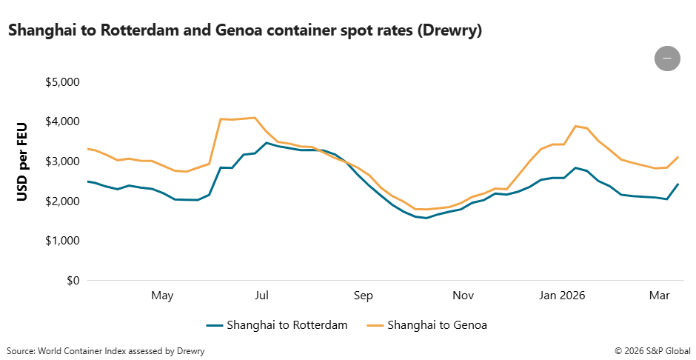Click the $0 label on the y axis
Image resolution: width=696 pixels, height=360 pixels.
[x=73, y=281]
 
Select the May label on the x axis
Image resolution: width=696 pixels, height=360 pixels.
[x=162, y=296]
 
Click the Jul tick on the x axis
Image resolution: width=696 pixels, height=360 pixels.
[x=261, y=296]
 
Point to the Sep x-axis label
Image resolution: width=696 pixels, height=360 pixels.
[x=363, y=296]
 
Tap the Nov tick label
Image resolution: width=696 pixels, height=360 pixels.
[x=464, y=296]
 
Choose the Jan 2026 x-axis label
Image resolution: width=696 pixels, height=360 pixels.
[x=562, y=296]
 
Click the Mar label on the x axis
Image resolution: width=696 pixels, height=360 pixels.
[x=660, y=296]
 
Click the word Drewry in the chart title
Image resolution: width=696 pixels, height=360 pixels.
[x=449, y=30]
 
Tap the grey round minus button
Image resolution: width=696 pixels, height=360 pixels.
[x=667, y=58]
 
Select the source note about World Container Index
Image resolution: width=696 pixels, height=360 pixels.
[x=105, y=350]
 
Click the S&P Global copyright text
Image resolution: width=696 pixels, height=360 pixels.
[x=652, y=350]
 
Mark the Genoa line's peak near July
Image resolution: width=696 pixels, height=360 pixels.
[x=255, y=117]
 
